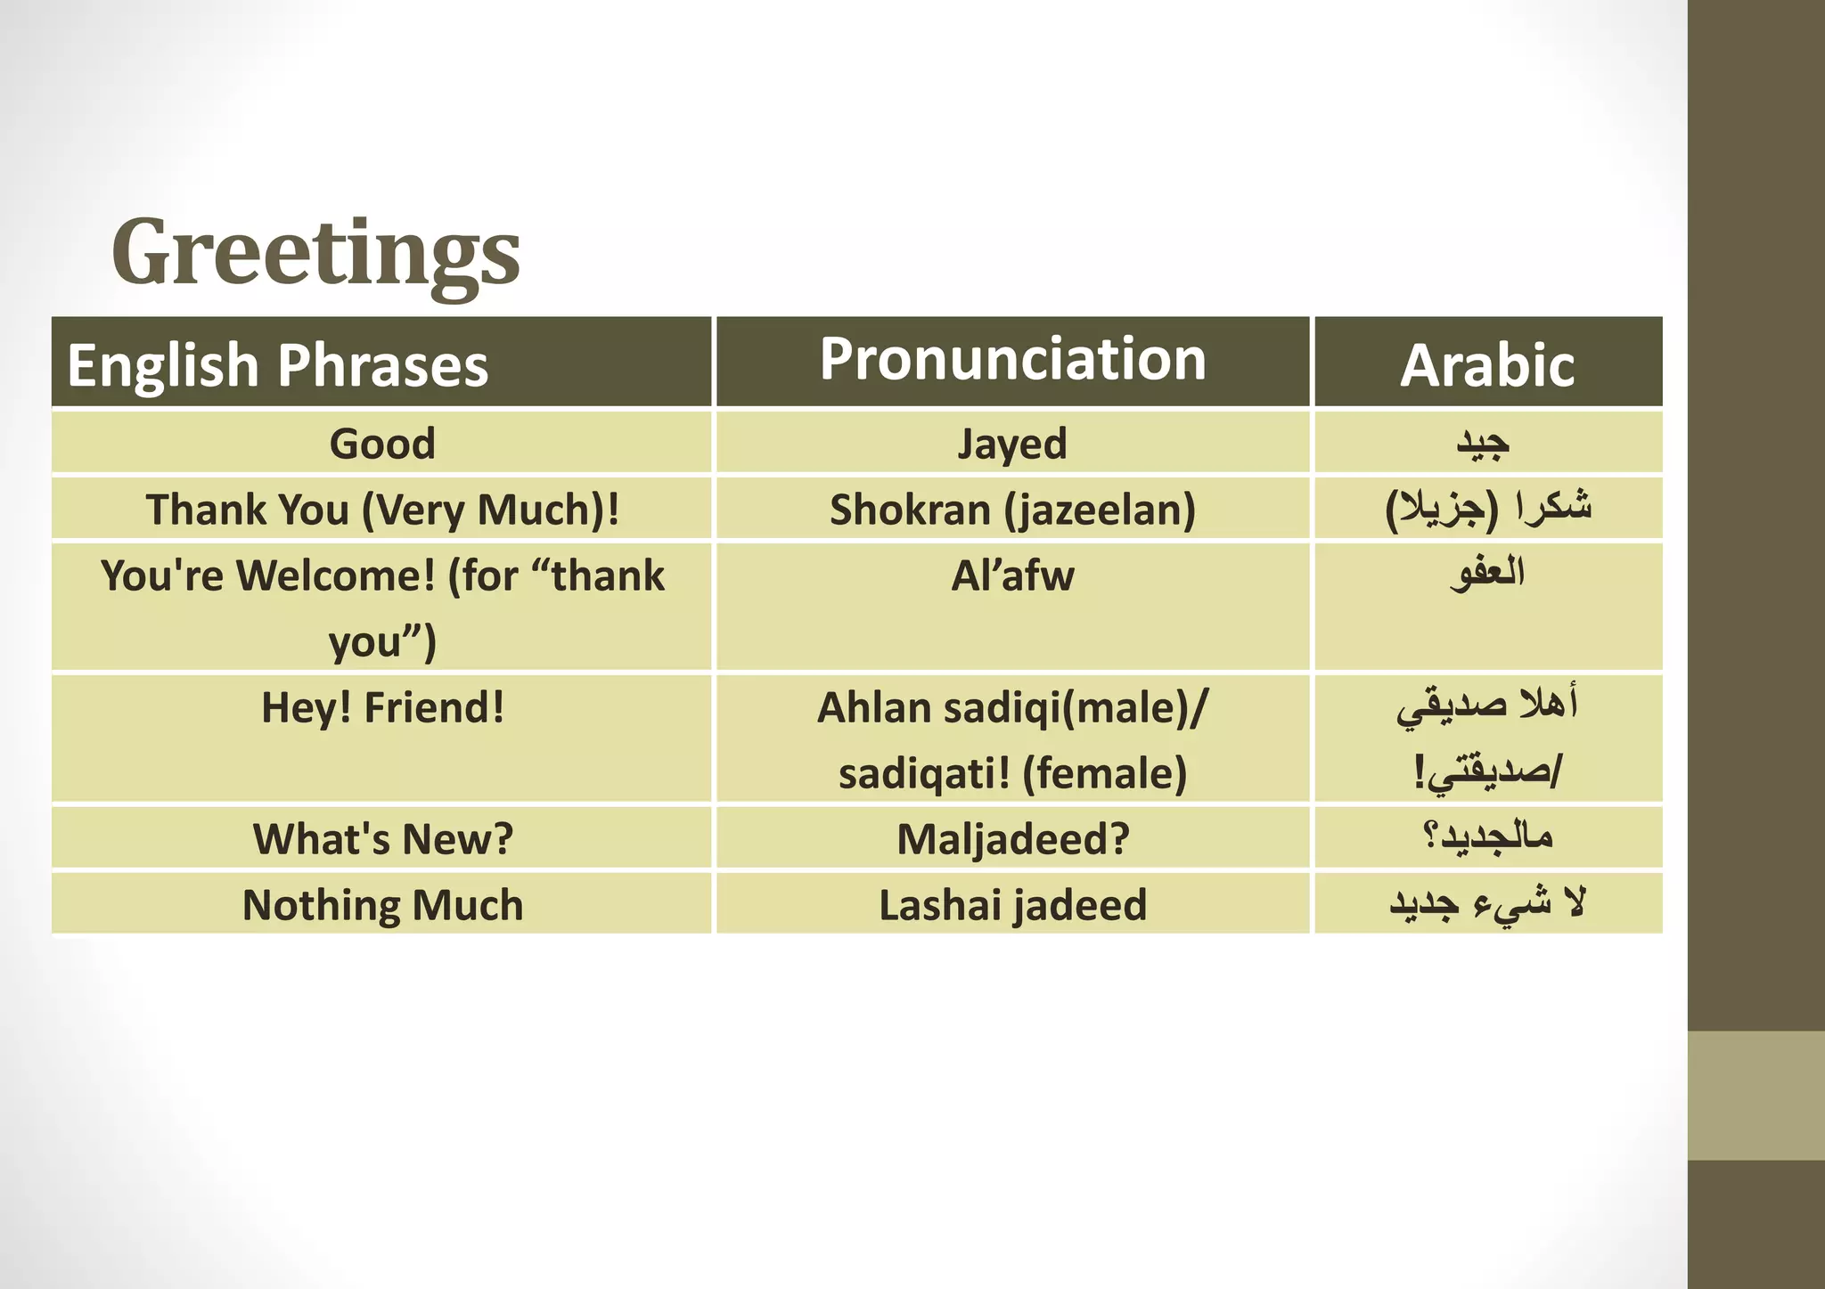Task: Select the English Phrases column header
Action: pos(278,365)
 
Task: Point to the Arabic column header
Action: pos(1487,365)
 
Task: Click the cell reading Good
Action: pos(382,444)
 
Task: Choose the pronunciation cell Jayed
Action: pos(1012,444)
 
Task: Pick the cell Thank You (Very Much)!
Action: pos(382,510)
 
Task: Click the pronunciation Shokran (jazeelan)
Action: pos(1012,510)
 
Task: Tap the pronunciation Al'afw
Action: pos(1012,575)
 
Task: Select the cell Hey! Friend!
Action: pos(382,708)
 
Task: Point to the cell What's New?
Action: pos(382,839)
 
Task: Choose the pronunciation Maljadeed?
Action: pos(1012,839)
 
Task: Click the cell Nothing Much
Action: pos(382,905)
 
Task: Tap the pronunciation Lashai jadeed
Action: pos(1012,905)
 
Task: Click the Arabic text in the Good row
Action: pos(1483,443)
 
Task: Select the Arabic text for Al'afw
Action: pos(1487,573)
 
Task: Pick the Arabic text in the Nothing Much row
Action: pos(1487,903)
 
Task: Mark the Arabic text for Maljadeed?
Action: pos(1487,836)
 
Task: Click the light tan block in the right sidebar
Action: pos(1755,1095)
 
